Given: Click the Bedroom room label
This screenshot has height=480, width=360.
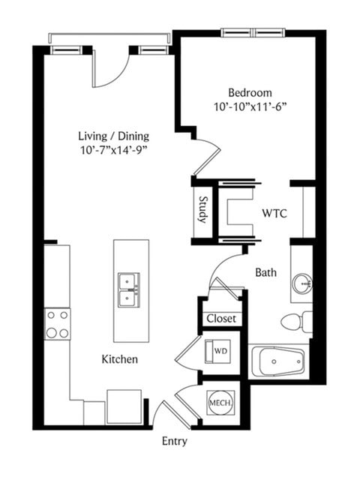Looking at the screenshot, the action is (250, 93).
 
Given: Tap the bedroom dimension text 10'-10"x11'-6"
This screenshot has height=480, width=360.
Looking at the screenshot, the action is (250, 107).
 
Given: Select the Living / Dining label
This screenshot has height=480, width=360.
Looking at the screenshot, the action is (114, 136).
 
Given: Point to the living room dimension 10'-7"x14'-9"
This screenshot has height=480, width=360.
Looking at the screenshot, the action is (114, 151).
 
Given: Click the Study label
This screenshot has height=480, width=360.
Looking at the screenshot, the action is (202, 210).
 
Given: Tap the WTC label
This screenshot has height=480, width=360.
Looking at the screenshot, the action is (274, 213).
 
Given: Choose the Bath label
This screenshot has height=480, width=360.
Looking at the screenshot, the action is (265, 272).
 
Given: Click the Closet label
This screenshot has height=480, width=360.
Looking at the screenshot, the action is (221, 319).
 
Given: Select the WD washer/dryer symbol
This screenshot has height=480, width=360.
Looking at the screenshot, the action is (217, 351).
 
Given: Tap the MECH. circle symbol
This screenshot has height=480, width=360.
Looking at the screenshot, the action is (220, 403).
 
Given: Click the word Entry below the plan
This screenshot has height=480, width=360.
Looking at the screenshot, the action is (175, 442).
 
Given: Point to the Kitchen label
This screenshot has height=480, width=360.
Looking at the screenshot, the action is (120, 359).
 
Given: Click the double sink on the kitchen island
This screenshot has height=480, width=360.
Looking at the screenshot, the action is (129, 290).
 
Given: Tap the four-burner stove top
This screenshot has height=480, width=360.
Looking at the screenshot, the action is (58, 324).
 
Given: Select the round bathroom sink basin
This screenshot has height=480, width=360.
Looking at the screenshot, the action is (301, 284).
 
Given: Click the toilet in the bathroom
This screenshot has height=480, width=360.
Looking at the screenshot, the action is (296, 322).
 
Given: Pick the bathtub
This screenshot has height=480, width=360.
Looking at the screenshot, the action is (278, 361).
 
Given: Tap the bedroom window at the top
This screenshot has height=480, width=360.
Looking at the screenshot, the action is (253, 32).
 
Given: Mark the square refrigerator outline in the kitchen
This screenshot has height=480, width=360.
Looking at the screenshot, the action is (124, 406).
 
